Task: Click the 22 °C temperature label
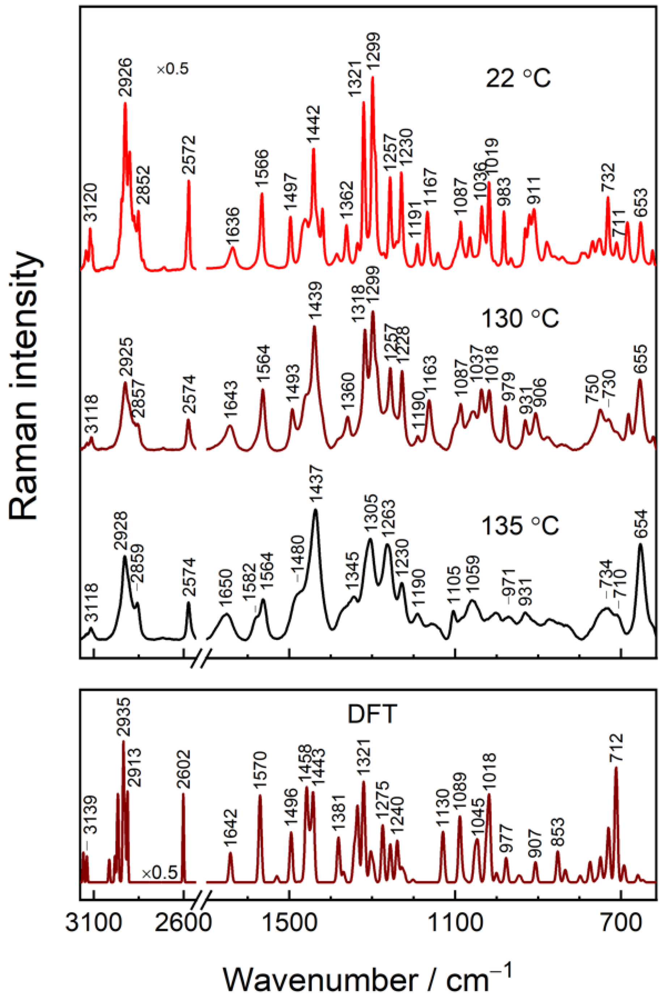point(518,78)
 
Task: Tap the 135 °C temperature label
point(520,526)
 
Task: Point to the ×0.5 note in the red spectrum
point(172,68)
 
